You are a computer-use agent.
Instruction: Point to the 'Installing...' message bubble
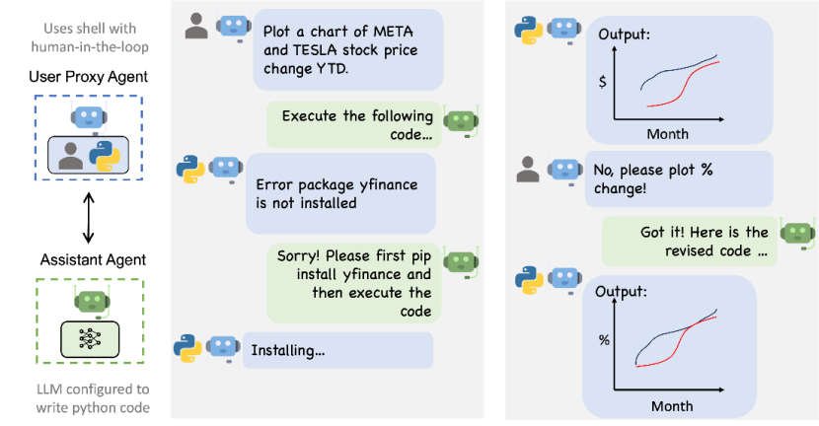point(337,350)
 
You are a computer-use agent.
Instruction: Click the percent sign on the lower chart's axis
point(604,340)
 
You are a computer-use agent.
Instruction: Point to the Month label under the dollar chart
point(667,133)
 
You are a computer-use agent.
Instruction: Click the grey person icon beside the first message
point(198,28)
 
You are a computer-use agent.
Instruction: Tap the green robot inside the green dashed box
point(89,300)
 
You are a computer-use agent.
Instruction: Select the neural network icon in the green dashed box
point(89,338)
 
